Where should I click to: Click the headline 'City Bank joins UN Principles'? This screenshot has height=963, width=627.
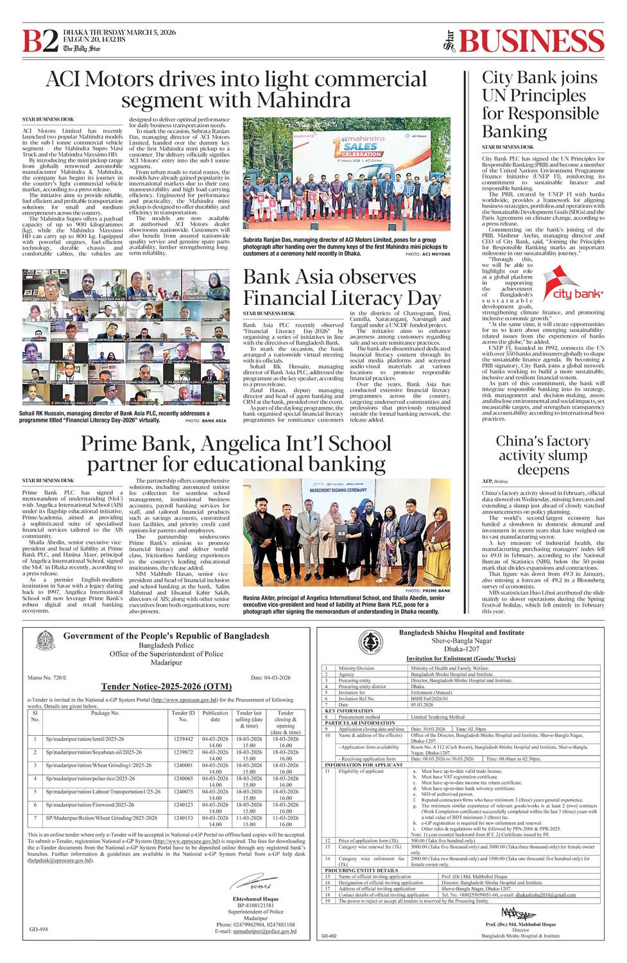coord(540,104)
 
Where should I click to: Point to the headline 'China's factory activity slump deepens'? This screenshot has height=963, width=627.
coord(542,455)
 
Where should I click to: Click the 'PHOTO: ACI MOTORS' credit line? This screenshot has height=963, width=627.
coord(427,254)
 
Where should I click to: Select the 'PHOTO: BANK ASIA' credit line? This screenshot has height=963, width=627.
coord(206,421)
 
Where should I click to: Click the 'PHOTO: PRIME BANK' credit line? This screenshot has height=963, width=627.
coord(427,591)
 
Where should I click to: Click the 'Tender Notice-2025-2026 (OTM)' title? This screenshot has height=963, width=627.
coord(166,686)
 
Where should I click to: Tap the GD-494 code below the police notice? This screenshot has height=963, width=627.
coord(39,929)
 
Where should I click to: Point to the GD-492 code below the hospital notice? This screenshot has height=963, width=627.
coord(328,937)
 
